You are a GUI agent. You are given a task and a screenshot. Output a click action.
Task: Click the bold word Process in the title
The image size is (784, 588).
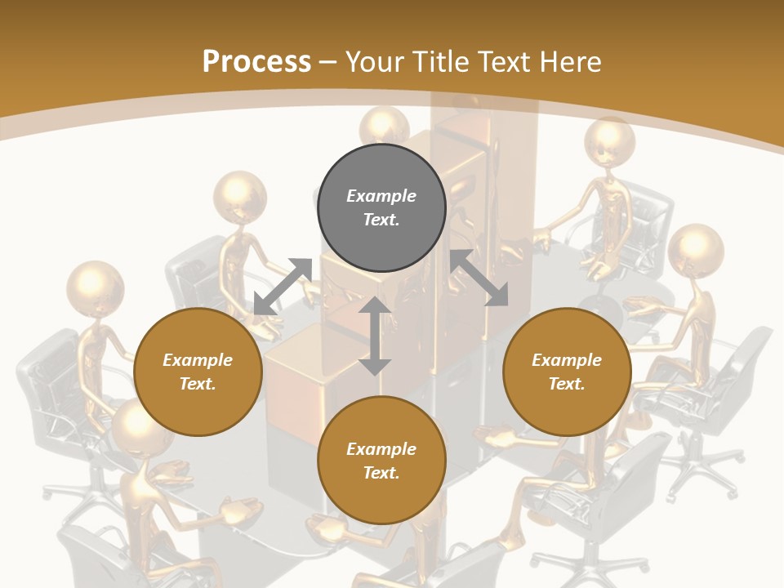coord(256,62)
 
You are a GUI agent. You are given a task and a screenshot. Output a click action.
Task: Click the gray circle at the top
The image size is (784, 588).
coord(381,207)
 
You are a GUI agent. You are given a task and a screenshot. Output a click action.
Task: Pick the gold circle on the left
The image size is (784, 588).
coord(198,372)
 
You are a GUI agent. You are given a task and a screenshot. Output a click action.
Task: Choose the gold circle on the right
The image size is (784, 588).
coord(567,372)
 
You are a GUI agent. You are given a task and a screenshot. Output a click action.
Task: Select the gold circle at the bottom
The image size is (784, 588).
coord(381,460)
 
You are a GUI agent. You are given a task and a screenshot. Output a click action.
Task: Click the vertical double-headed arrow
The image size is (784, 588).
coord(375,336)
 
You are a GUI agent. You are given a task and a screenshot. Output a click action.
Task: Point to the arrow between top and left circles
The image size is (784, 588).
coord(283,286)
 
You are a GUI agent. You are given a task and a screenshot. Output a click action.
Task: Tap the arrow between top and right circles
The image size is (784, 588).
coord(479,278)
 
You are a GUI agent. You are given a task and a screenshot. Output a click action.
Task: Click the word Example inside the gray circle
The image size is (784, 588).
coord(381,196)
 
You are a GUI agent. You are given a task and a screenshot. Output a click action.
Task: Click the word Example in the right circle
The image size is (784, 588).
coord(567,360)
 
